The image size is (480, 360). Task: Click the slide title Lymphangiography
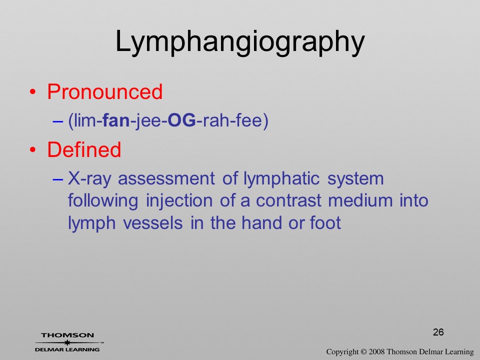[x=240, y=42]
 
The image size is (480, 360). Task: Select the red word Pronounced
[x=104, y=91]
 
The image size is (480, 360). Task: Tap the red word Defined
[x=84, y=149]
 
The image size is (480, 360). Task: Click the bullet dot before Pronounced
[x=33, y=92]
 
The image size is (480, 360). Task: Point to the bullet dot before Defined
[x=33, y=149]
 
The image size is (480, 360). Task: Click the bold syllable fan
[x=116, y=120]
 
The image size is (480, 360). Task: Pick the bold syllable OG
[x=182, y=120]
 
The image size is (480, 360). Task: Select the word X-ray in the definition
[x=89, y=178]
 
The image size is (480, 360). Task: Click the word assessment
[x=166, y=179]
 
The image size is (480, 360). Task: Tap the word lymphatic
[x=281, y=179]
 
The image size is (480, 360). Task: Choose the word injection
[x=179, y=201]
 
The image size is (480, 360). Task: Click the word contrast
[x=288, y=201]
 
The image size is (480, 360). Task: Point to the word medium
[x=360, y=200]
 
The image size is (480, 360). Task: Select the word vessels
[x=153, y=223]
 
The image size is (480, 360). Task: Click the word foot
[x=325, y=222]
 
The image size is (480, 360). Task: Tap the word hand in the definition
[x=261, y=222]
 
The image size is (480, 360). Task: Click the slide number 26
[x=438, y=332]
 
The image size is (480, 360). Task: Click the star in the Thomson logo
[x=67, y=342]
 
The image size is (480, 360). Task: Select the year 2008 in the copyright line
[x=377, y=351]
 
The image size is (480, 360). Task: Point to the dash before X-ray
[x=58, y=179]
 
